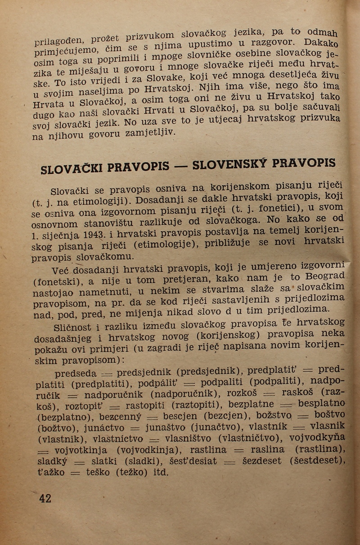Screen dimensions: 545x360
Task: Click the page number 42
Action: coord(45,498)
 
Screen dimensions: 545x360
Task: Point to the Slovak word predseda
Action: coord(75,374)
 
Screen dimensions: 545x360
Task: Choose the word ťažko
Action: coord(51,473)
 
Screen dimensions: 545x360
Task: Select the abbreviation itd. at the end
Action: coord(160,472)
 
